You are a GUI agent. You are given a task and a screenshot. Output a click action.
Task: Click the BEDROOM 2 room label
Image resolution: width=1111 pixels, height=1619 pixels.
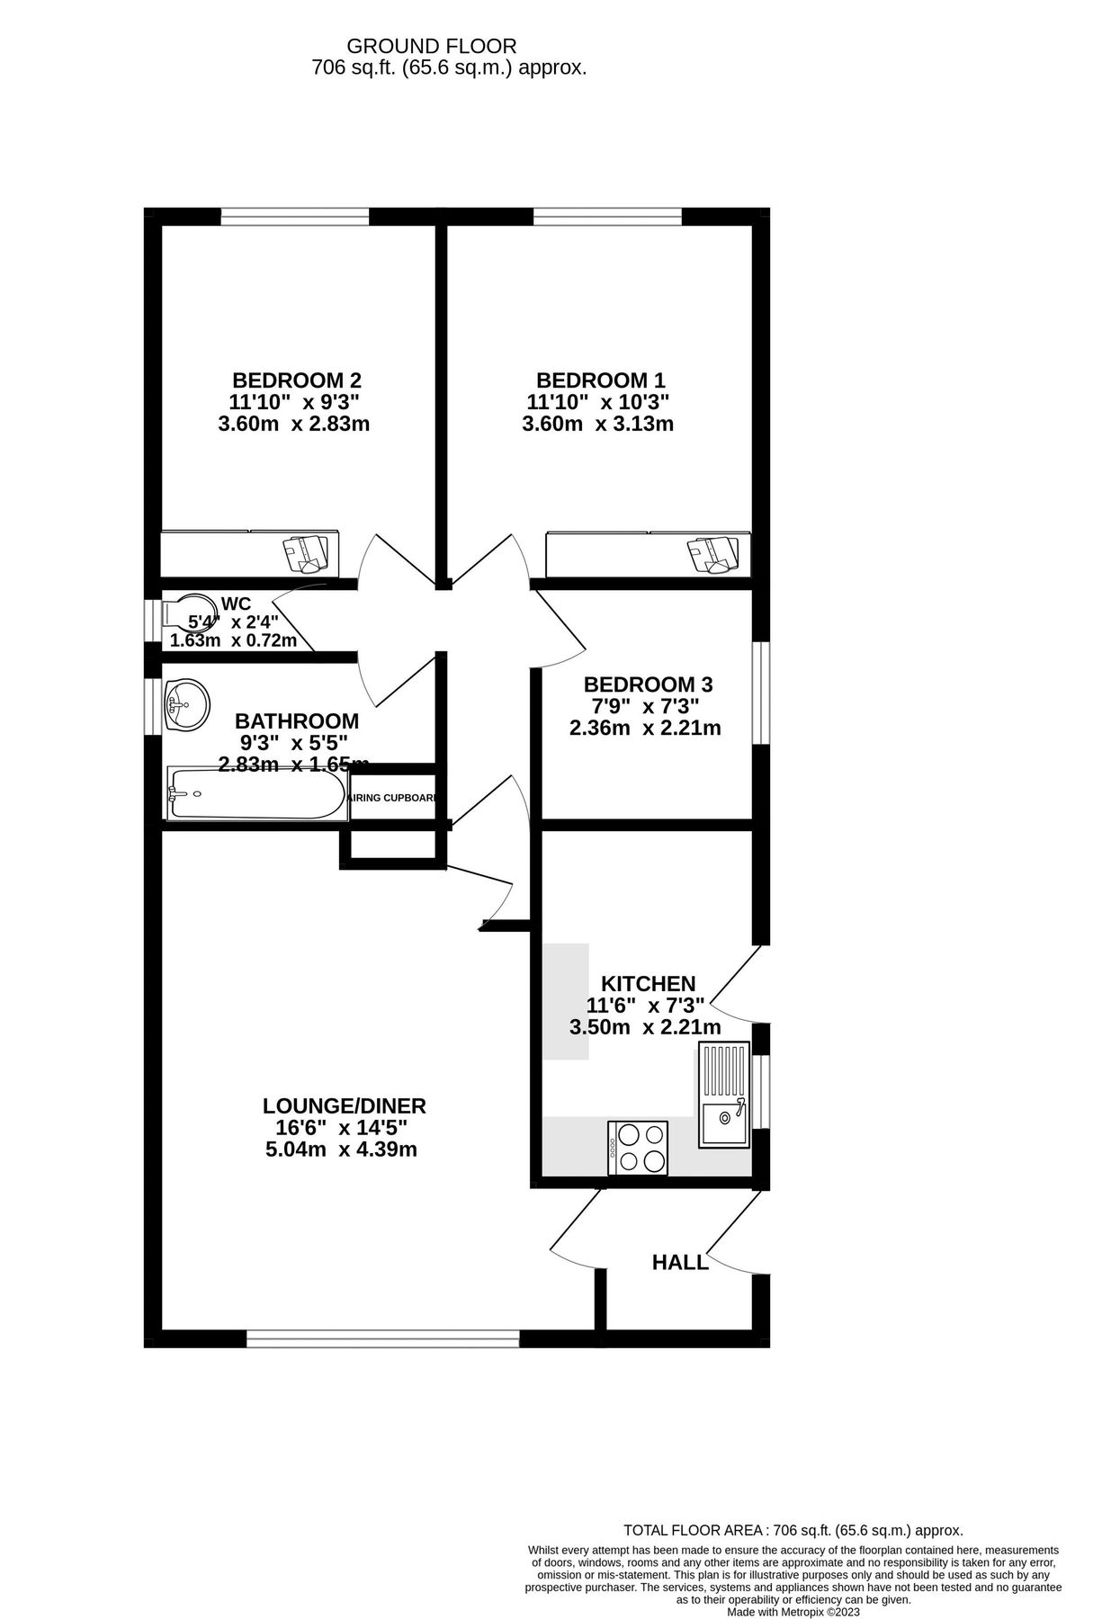(x=297, y=380)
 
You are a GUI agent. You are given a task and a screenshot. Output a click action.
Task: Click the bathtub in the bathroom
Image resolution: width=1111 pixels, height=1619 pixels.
(x=257, y=794)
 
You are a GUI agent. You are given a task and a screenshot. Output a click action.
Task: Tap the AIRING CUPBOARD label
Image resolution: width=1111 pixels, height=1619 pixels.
(x=393, y=798)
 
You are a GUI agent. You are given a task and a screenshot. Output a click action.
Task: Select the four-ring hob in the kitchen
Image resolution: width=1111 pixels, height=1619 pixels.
(x=638, y=1147)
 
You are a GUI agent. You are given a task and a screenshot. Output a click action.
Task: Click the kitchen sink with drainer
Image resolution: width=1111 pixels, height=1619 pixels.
(x=723, y=1094)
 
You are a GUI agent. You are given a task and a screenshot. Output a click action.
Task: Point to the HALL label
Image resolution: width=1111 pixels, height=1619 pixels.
(x=680, y=1263)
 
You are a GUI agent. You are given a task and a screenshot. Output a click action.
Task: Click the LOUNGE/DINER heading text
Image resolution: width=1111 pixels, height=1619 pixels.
(x=344, y=1106)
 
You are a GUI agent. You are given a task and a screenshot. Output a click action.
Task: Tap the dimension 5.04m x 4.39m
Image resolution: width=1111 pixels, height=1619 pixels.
(x=342, y=1149)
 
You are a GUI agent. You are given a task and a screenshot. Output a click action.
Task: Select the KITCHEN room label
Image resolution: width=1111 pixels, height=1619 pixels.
(x=648, y=984)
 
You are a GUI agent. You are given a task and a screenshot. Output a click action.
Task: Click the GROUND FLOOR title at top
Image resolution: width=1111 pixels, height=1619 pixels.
(x=432, y=46)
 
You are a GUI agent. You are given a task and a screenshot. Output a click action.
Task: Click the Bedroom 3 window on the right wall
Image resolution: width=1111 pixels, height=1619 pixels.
(x=760, y=693)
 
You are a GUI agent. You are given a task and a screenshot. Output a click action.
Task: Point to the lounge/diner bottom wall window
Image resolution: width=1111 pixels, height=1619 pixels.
(x=383, y=1339)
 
